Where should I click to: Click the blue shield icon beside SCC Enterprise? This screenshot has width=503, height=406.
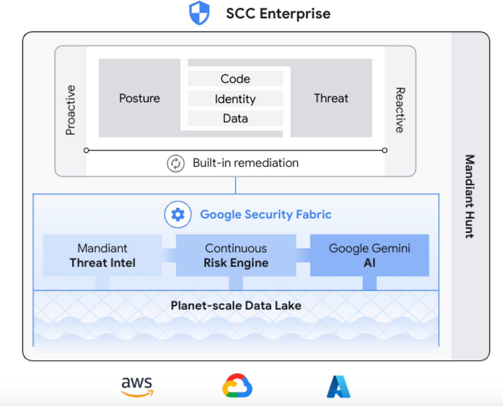pyautogui.click(x=199, y=13)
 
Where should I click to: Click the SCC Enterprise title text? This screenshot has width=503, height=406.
pyautogui.click(x=278, y=13)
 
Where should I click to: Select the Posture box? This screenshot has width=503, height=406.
pyautogui.click(x=140, y=98)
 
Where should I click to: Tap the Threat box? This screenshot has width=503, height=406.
pyautogui.click(x=331, y=98)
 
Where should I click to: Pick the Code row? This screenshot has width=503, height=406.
pyautogui.click(x=235, y=79)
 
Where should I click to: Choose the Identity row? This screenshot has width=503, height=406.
pyautogui.click(x=235, y=99)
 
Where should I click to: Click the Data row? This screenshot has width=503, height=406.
pyautogui.click(x=235, y=119)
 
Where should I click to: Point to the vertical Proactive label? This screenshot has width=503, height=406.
pyautogui.click(x=70, y=110)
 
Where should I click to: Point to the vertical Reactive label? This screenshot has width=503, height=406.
pyautogui.click(x=400, y=110)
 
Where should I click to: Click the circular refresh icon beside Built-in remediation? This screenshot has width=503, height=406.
pyautogui.click(x=176, y=163)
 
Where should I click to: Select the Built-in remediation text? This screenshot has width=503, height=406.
pyautogui.click(x=246, y=163)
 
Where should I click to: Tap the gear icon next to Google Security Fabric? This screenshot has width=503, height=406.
pyautogui.click(x=178, y=215)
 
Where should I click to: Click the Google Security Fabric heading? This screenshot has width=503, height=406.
pyautogui.click(x=266, y=215)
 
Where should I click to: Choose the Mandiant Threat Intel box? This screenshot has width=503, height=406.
pyautogui.click(x=102, y=255)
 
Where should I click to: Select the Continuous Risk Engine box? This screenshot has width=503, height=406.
pyautogui.click(x=236, y=255)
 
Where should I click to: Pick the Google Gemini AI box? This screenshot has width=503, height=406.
pyautogui.click(x=369, y=255)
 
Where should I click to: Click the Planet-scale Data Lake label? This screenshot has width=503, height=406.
pyautogui.click(x=236, y=305)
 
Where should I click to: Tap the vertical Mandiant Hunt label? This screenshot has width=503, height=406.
pyautogui.click(x=470, y=196)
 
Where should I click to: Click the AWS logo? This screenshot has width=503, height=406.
pyautogui.click(x=137, y=385)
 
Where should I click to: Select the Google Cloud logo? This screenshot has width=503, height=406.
pyautogui.click(x=237, y=385)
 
